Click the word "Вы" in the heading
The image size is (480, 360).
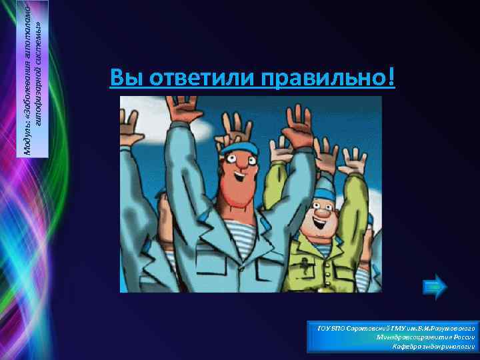124,79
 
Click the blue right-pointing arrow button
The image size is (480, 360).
435,286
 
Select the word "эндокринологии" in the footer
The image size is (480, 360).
448,347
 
